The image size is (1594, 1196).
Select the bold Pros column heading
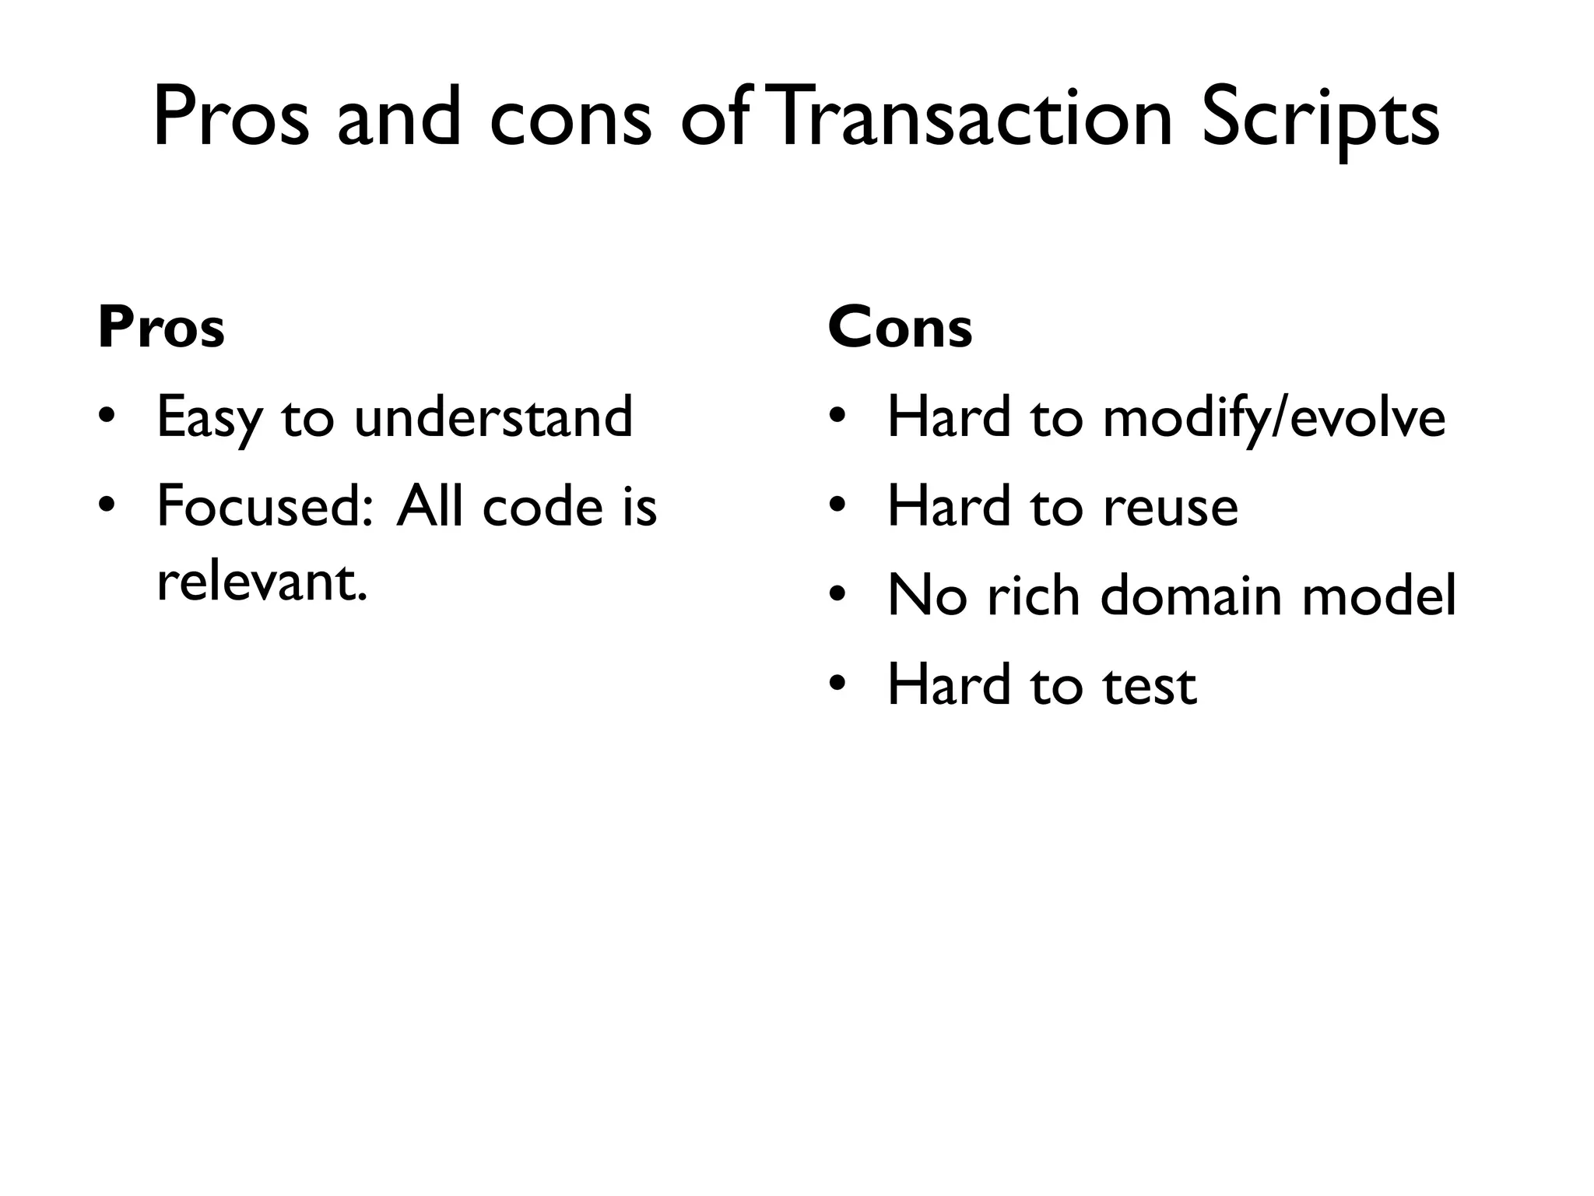161,328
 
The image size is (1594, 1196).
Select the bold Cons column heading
900,328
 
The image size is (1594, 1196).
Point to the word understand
493,417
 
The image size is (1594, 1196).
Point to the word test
1150,686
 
